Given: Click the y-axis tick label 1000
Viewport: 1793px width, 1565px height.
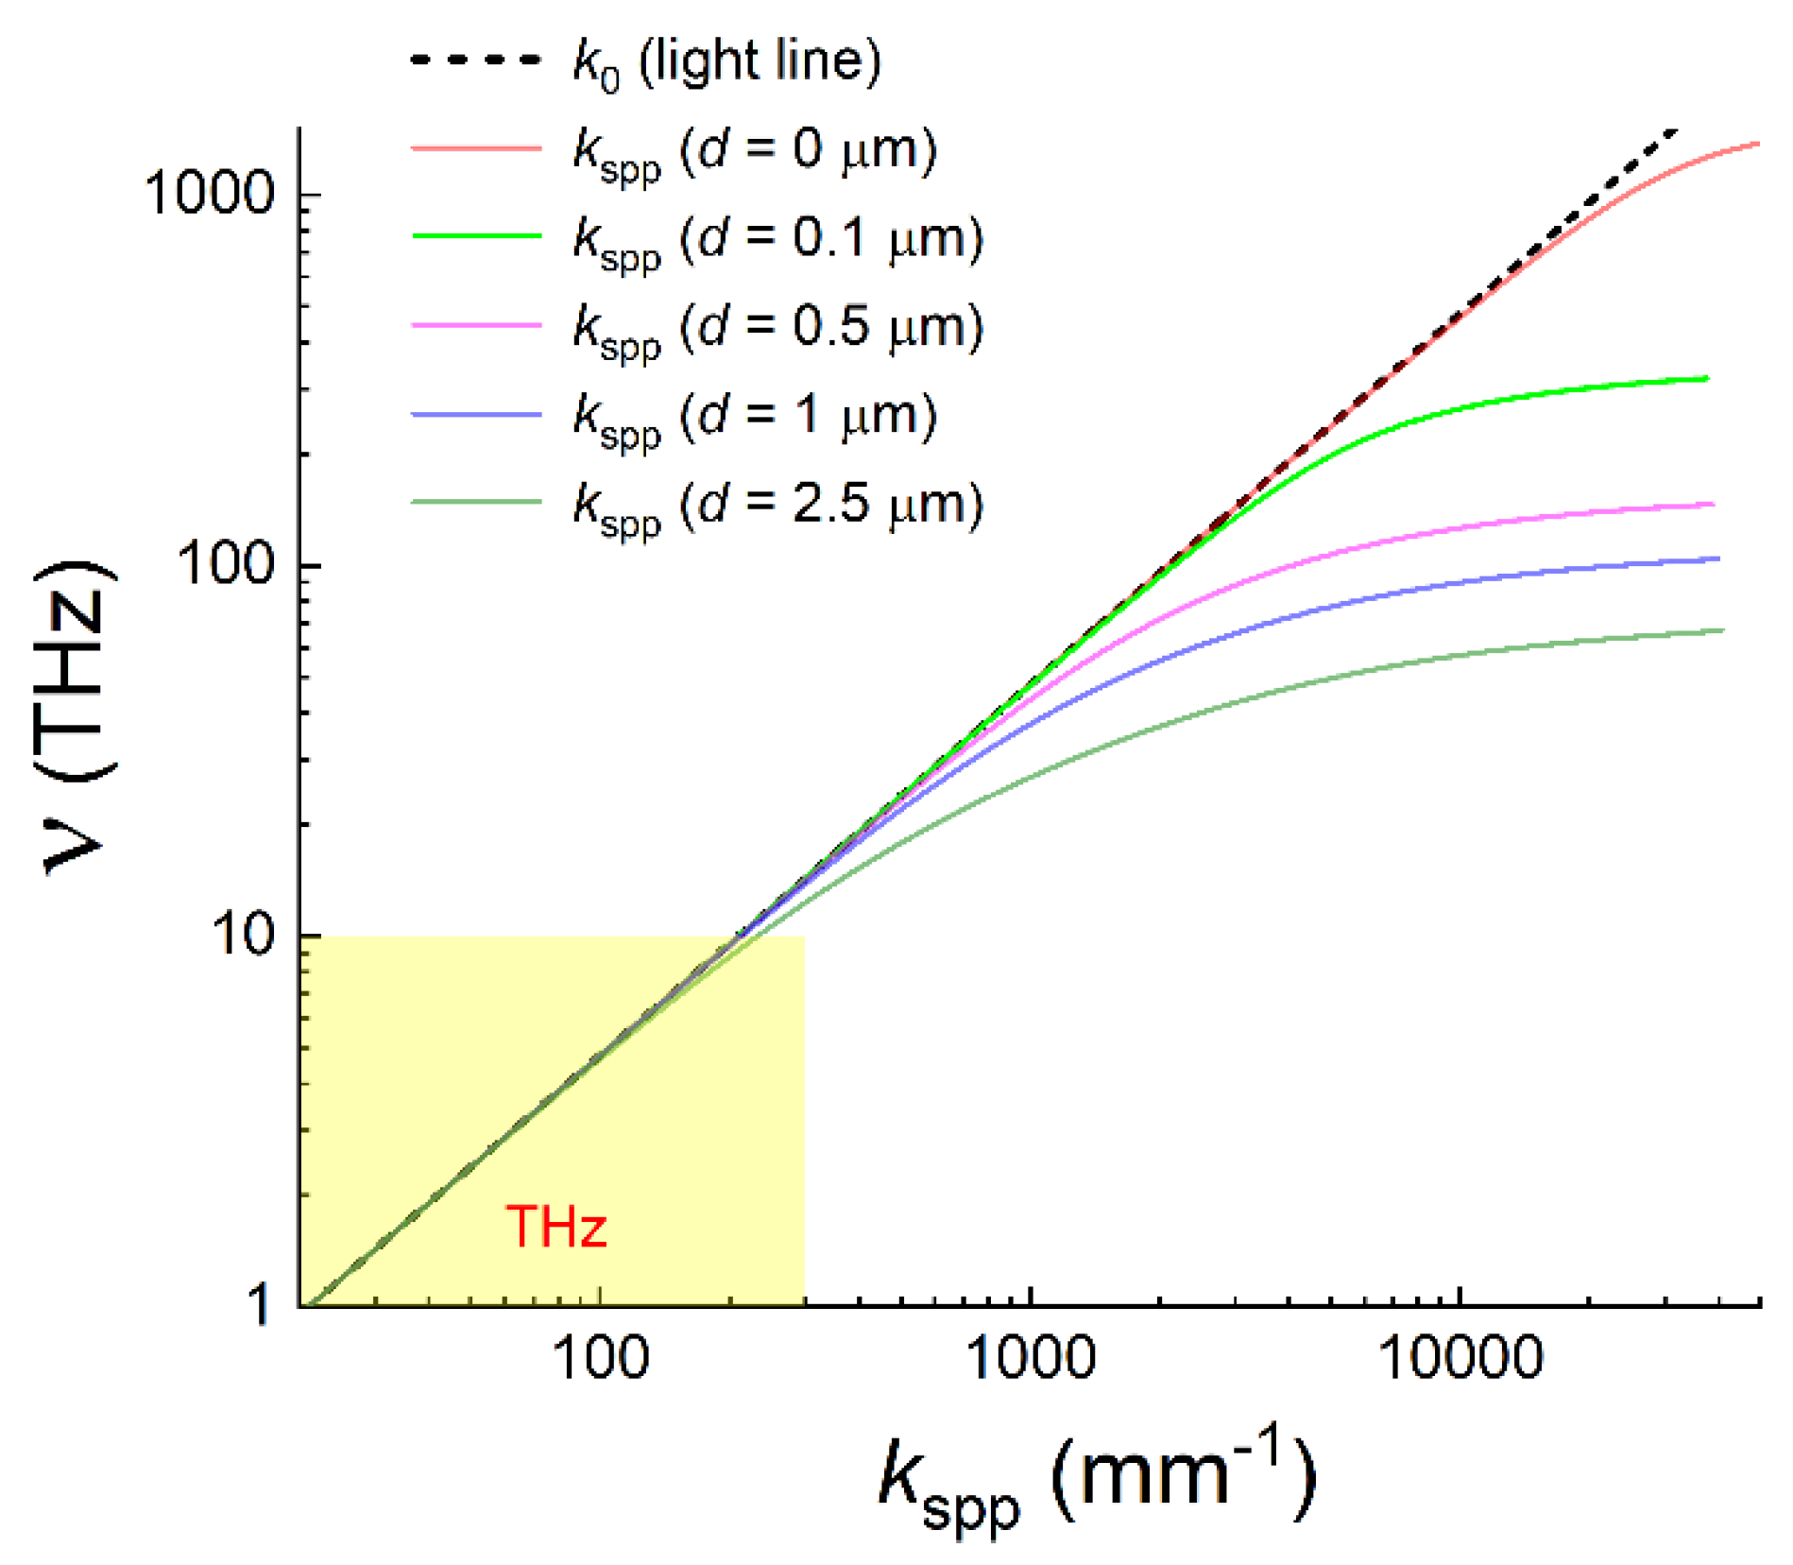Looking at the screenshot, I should coord(209,195).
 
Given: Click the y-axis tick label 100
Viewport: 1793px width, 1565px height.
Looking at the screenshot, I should coord(226,565).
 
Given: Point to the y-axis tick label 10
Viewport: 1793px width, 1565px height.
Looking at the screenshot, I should coord(243,935).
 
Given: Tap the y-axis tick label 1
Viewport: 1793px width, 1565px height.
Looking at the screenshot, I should coord(258,1307).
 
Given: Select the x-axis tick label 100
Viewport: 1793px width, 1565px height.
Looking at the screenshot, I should coord(601,1358).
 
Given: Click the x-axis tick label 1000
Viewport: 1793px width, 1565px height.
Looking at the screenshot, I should coord(1030,1358).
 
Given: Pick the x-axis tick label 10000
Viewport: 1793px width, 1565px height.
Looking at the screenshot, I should coord(1460,1358).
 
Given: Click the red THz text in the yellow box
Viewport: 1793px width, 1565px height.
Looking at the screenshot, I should coord(556,1227).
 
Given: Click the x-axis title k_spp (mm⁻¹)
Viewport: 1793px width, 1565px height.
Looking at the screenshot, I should coord(1096,1479).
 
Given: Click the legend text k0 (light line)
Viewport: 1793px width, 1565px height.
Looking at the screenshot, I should coord(727,62).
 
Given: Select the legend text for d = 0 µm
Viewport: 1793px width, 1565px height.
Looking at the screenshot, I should coord(754,151).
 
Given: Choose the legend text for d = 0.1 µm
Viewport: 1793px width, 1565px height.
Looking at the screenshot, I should coord(777,239).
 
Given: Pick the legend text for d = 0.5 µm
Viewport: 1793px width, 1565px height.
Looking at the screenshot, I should coord(777,328).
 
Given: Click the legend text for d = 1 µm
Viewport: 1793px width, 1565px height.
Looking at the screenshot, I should coord(754,417).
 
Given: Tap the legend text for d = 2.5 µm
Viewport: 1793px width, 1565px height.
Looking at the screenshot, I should coord(777,505).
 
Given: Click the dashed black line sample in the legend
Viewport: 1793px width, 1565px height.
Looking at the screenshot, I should coord(476,60).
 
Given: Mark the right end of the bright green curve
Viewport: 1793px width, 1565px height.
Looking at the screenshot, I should coord(1706,379).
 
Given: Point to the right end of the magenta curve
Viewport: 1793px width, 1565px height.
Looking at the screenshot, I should coord(1712,505).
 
